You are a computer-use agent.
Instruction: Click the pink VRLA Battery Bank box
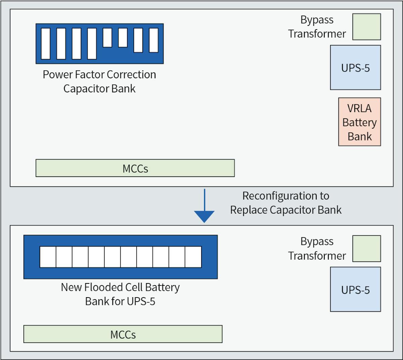coord(359,122)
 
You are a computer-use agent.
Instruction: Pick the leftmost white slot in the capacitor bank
coord(45,44)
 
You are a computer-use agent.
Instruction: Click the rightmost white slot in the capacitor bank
coord(153,40)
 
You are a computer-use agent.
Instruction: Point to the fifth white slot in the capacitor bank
coord(107,38)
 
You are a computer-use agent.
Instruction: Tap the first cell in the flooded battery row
coord(48,257)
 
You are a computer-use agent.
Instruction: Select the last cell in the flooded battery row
coord(193,257)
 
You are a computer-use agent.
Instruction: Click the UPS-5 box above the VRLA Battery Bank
coord(355,67)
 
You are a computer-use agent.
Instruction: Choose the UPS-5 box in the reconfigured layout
coord(355,289)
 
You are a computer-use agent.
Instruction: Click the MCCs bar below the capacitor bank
coord(135,168)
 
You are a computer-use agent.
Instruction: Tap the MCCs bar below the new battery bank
coord(123,334)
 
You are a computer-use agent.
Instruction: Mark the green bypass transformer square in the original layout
coord(366,27)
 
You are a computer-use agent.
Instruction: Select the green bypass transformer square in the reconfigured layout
coord(366,249)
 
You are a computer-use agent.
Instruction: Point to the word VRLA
coord(359,108)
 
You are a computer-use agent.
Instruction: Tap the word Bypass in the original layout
coord(317,20)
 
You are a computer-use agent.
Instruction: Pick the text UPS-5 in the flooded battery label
coord(141,301)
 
